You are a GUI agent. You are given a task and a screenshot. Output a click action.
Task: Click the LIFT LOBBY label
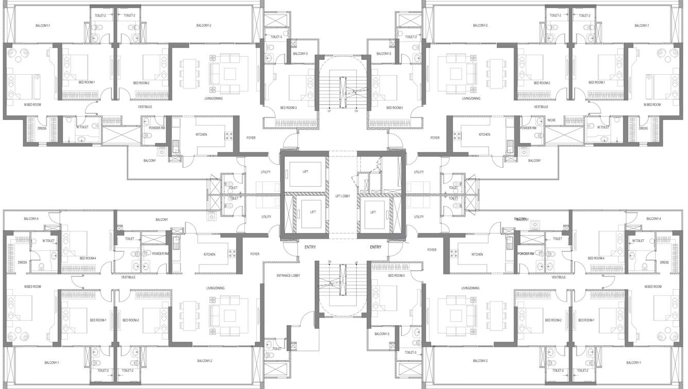[x=342, y=196]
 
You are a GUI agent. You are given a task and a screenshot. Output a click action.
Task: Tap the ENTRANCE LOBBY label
[x=288, y=276]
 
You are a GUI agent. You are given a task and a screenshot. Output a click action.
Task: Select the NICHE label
[x=552, y=120]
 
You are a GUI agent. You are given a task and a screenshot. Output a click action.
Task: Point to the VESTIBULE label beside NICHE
[x=541, y=107]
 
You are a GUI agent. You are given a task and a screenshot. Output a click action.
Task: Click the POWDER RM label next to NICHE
[x=528, y=128]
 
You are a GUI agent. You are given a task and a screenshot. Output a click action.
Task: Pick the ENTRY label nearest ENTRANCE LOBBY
[x=310, y=247]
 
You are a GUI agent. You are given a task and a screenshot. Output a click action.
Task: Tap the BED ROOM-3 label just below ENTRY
[x=397, y=276]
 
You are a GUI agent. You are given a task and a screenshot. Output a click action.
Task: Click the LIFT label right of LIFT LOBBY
[x=373, y=212]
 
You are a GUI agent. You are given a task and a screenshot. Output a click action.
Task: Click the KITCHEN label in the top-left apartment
[x=201, y=134]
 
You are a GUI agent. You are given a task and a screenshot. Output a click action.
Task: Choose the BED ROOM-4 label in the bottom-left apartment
[x=88, y=258]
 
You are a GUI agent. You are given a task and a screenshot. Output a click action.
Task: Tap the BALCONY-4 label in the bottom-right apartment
[x=653, y=219]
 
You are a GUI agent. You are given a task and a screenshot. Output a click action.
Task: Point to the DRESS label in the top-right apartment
[x=643, y=128]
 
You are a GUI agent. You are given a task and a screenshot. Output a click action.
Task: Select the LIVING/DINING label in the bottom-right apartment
[x=471, y=288]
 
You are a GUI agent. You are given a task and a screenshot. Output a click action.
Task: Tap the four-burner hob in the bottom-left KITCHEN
[x=231, y=254]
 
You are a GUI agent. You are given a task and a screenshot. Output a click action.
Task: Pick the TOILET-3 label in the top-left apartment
[x=276, y=37]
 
